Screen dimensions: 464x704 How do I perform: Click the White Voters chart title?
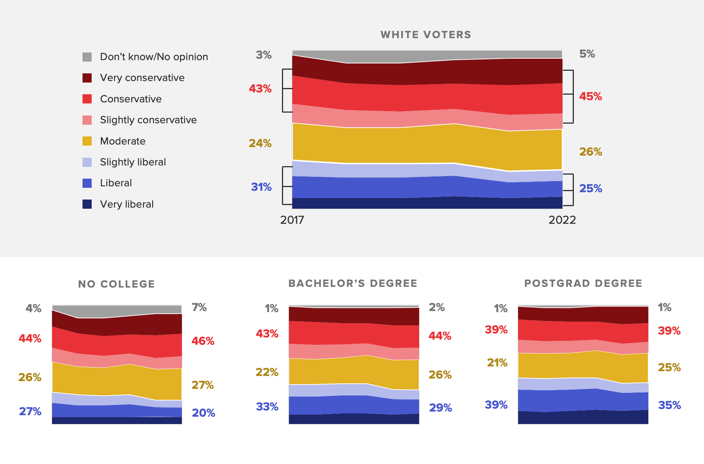[426, 35]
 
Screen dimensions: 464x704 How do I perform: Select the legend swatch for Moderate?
[87, 141]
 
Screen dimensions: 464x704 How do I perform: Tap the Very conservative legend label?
[142, 78]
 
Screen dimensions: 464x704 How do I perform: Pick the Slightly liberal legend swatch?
[87, 162]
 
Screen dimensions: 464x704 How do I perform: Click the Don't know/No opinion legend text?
[154, 57]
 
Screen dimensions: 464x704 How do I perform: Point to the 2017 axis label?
[292, 220]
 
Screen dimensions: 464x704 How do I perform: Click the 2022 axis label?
[562, 220]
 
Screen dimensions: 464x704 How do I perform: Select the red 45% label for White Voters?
[590, 96]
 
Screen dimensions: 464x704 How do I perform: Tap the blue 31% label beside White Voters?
[261, 187]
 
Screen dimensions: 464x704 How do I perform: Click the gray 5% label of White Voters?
[587, 54]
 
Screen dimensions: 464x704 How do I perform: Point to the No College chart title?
[117, 284]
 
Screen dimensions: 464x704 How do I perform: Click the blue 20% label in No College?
[203, 413]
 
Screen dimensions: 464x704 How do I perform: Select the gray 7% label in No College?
[199, 307]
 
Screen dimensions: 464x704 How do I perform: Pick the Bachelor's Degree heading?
[353, 284]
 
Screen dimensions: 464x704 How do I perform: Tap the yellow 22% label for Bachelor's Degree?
[267, 372]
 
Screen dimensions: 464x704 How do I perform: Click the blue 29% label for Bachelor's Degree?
[440, 408]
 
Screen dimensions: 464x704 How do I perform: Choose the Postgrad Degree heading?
[583, 284]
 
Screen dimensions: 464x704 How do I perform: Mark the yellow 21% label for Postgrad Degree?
[497, 363]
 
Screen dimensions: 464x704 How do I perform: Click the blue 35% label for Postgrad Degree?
[669, 405]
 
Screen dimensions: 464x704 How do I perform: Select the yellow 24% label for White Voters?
[260, 143]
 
